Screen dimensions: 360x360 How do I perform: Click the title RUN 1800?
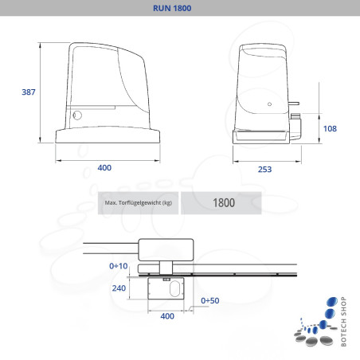point(179,9)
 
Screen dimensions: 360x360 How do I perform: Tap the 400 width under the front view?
point(104,167)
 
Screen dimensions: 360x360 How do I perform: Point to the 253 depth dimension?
point(265,169)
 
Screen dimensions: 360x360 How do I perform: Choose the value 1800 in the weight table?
point(224,203)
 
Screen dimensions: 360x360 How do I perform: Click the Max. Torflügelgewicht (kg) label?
point(138,203)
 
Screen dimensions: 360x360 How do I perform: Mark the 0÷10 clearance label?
point(118,264)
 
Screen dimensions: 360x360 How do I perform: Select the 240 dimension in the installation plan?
point(119,289)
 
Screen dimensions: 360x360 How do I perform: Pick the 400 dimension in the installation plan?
point(167,317)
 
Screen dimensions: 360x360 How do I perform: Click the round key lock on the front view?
point(77,115)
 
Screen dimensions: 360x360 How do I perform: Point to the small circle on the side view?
point(270,104)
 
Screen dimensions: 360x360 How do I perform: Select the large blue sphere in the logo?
point(331,304)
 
